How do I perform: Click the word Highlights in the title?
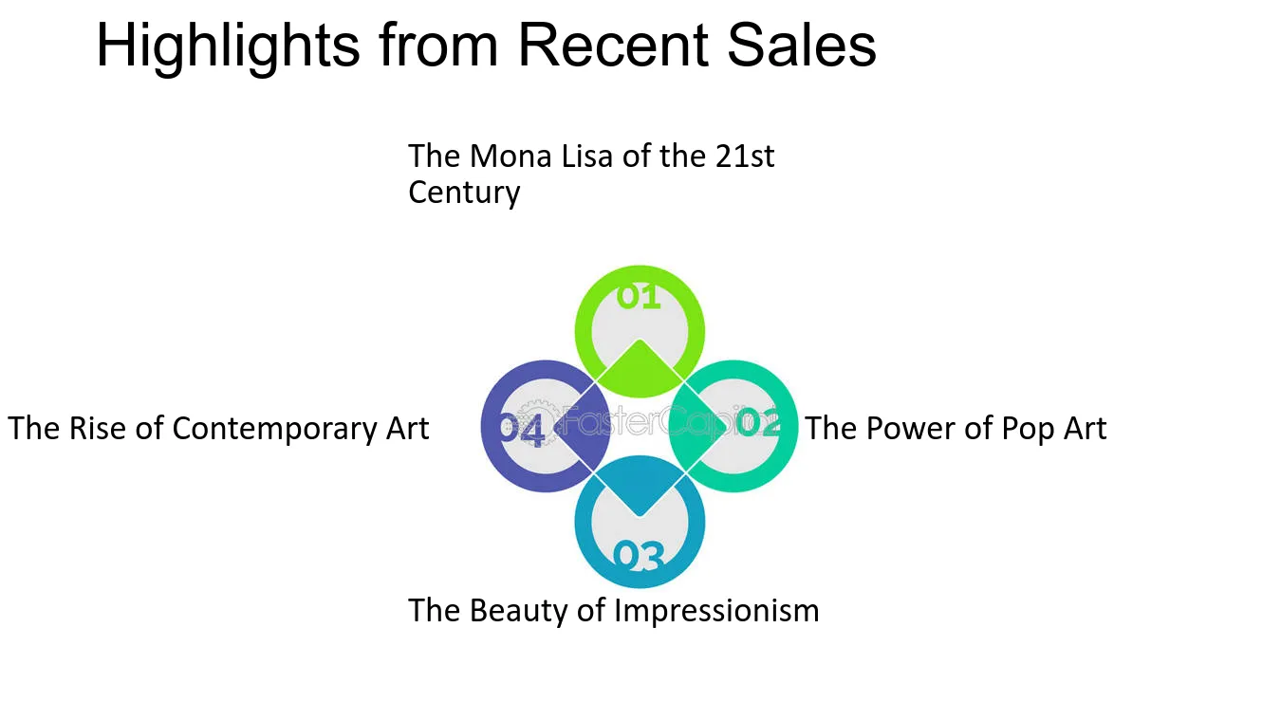[228, 46]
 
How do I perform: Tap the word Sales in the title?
[801, 45]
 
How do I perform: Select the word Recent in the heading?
[613, 45]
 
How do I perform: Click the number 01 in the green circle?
[639, 297]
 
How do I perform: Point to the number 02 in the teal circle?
[758, 422]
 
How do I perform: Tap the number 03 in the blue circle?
[639, 556]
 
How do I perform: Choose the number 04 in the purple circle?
[521, 430]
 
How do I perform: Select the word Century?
[464, 193]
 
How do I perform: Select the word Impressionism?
[716, 610]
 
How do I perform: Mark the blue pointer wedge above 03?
[640, 485]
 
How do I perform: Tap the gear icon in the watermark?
[536, 422]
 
